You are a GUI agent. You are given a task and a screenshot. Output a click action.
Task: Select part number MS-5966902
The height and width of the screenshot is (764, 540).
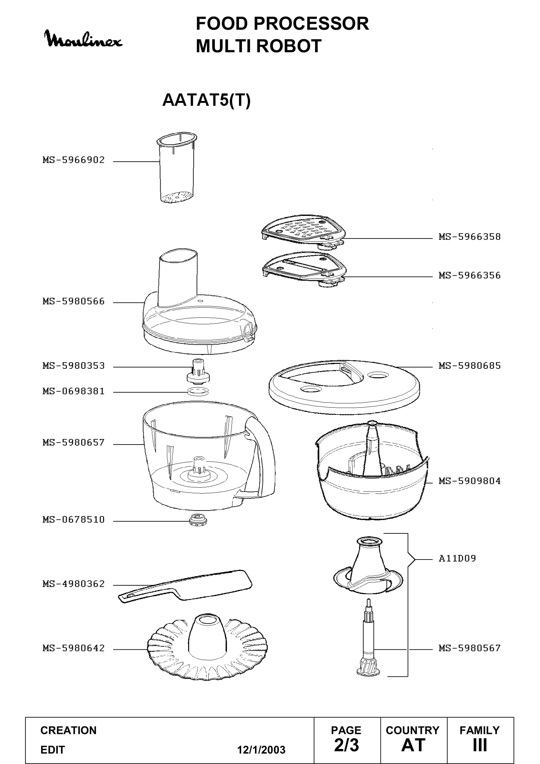[73, 160]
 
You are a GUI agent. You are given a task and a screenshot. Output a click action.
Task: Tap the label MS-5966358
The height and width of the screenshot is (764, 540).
[469, 236]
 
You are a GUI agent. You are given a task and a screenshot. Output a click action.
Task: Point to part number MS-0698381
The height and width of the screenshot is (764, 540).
[73, 391]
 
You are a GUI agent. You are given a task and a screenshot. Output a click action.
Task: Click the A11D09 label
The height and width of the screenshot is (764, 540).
[457, 558]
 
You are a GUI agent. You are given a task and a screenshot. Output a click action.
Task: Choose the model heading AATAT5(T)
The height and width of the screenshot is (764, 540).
[206, 100]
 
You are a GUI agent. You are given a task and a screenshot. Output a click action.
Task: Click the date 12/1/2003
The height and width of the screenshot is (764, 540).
[261, 750]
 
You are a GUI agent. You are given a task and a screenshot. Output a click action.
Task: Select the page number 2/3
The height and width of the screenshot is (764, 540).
[346, 745]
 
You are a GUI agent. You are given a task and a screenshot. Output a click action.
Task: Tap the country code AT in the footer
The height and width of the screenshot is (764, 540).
[413, 745]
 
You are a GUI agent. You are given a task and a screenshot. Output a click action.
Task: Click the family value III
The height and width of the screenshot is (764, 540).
[480, 745]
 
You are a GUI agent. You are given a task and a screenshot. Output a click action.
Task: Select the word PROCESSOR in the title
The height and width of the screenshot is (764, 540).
[311, 23]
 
